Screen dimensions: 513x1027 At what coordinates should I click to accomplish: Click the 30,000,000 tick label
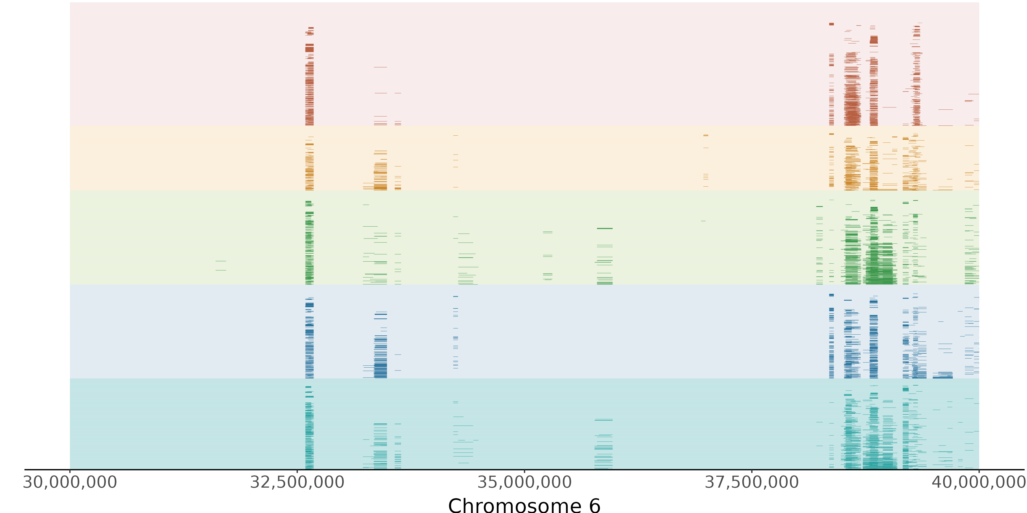(70, 482)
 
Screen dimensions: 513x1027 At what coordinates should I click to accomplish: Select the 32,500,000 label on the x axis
(297, 482)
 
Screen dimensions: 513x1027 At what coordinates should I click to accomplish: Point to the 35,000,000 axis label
(524, 482)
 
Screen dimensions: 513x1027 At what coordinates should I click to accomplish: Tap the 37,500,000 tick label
(751, 482)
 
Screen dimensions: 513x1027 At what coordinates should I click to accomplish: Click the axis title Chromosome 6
(524, 505)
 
